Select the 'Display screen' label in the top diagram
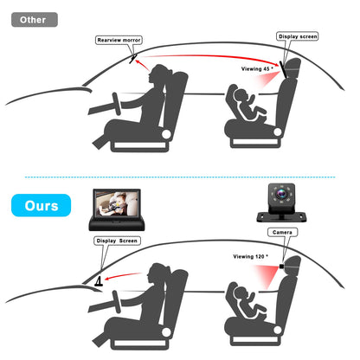298,36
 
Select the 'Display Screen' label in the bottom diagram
118,241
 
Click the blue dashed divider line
180,177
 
